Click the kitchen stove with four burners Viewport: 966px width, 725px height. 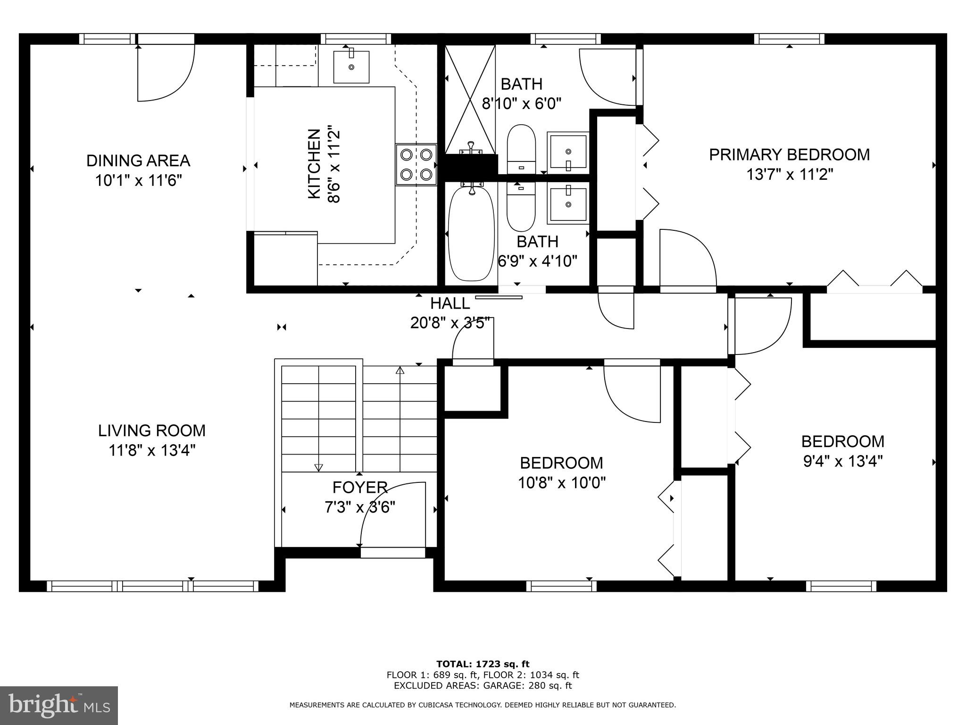[x=416, y=165]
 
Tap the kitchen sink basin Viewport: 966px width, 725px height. [x=351, y=67]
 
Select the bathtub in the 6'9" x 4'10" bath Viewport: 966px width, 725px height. [x=471, y=233]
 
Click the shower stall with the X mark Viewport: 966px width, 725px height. [x=470, y=100]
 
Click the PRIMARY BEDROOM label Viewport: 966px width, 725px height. [x=789, y=155]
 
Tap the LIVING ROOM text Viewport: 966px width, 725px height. [x=151, y=430]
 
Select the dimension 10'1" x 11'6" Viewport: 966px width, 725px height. [x=139, y=180]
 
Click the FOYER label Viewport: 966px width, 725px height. [x=360, y=487]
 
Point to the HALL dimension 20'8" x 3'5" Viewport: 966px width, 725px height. [x=451, y=323]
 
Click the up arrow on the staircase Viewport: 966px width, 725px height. [x=400, y=371]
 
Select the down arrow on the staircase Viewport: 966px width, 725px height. [x=318, y=467]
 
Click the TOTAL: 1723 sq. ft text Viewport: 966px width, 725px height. [x=483, y=664]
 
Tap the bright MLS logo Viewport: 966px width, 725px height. [x=58, y=705]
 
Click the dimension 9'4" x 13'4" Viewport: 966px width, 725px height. [x=842, y=461]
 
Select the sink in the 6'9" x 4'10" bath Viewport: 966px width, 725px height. [x=568, y=203]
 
